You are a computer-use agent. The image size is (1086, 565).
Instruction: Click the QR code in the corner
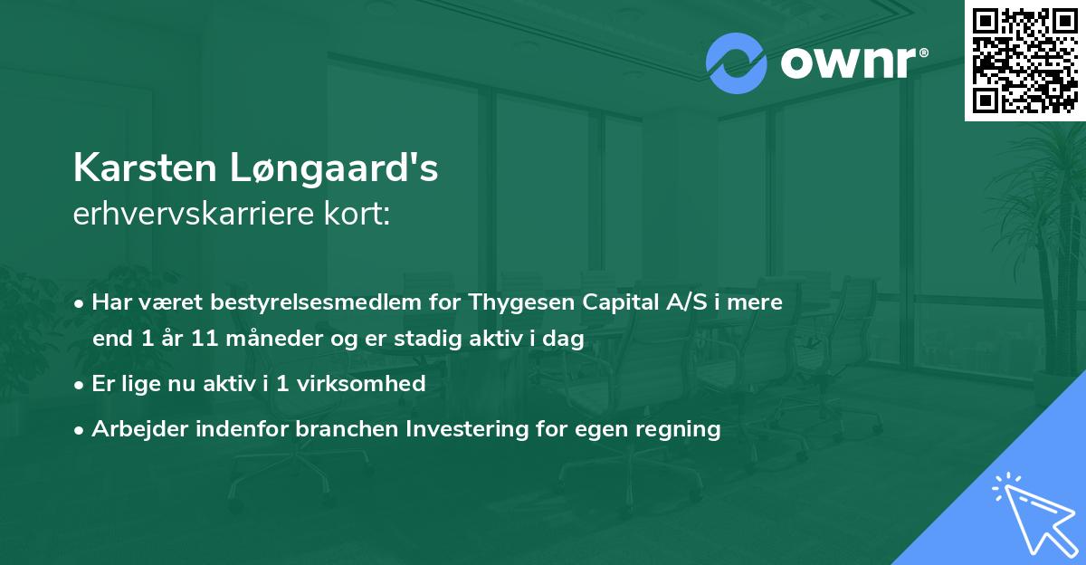[1024, 61]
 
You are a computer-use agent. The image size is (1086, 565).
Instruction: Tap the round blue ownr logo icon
[737, 63]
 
